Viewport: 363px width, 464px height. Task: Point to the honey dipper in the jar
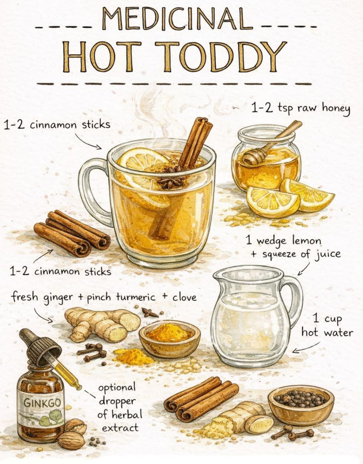pyautogui.click(x=269, y=145)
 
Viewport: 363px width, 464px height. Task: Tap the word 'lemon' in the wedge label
pyautogui.click(x=307, y=241)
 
